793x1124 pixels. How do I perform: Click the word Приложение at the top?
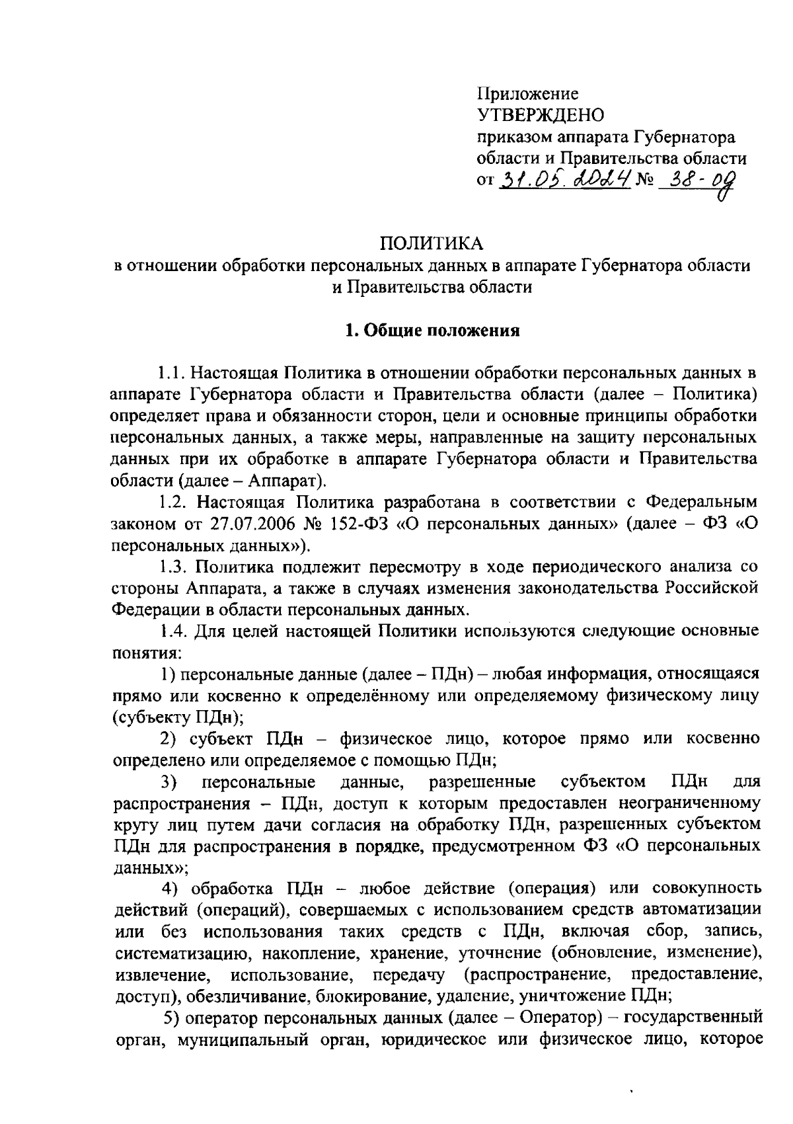(x=527, y=95)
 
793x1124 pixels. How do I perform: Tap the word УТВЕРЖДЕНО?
(x=541, y=116)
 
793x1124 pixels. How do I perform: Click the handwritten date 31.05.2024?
(x=565, y=179)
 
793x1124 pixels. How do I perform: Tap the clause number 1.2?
(x=173, y=502)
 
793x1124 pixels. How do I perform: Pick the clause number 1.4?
(x=173, y=630)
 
